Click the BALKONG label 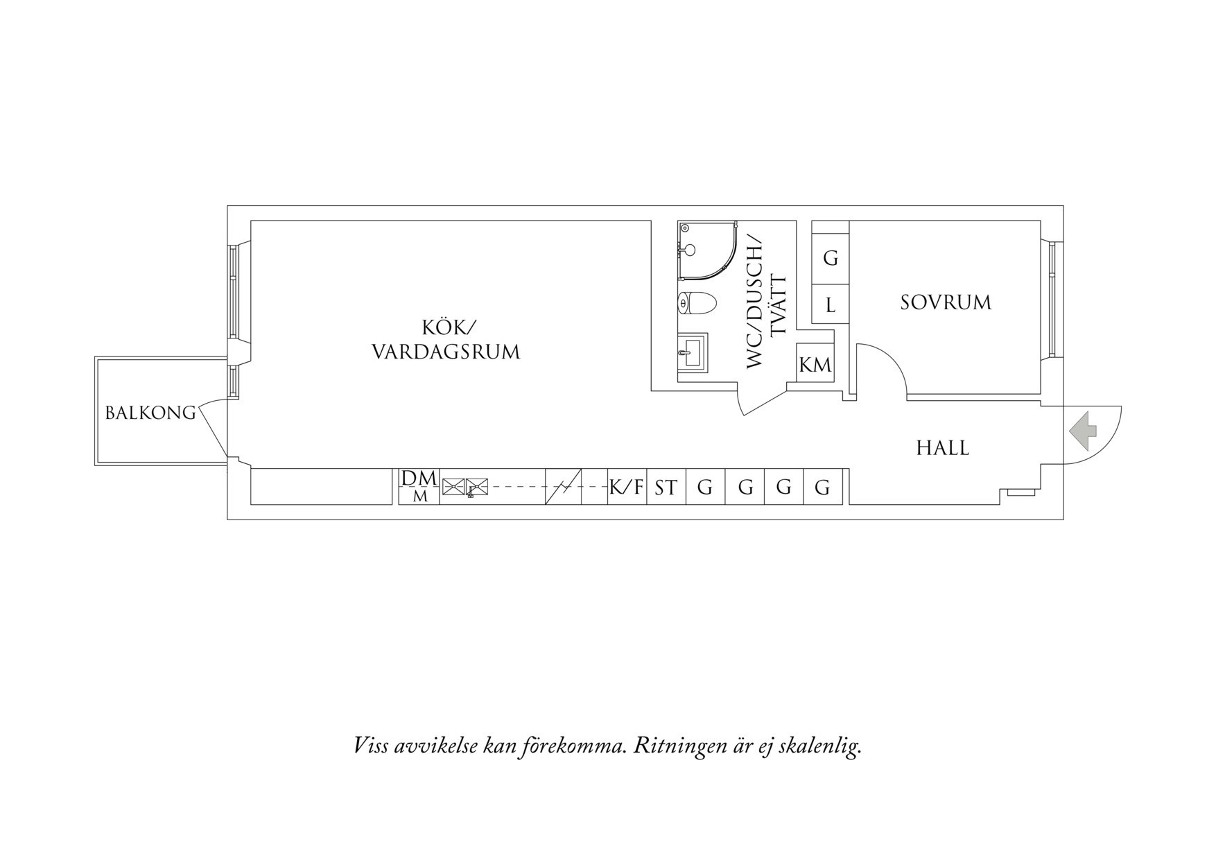(x=150, y=413)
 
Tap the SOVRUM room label (x=946, y=302)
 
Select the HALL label (x=943, y=448)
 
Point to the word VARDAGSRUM (x=446, y=352)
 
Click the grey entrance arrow (x=1083, y=431)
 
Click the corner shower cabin (x=707, y=250)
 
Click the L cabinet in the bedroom (x=831, y=304)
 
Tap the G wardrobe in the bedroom (x=831, y=258)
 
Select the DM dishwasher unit (x=419, y=486)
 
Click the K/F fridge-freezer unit (x=627, y=487)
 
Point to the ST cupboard (x=666, y=487)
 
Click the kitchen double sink (x=465, y=487)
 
